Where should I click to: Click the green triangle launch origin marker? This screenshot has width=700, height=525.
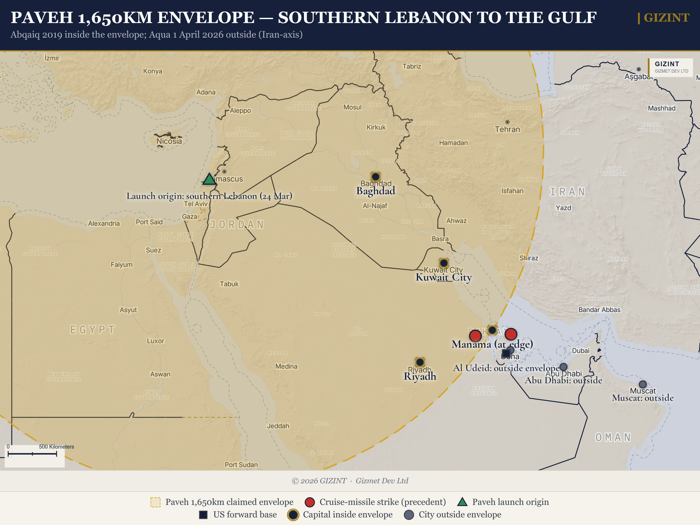(209, 180)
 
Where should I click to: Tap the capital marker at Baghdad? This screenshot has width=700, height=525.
(376, 176)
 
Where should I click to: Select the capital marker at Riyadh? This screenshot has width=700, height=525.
(420, 362)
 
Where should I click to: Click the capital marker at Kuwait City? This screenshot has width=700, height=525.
(444, 263)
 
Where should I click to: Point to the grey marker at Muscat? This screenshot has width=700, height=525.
(643, 384)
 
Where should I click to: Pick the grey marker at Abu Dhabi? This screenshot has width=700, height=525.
(563, 367)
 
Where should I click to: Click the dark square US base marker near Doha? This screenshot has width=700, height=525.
(506, 353)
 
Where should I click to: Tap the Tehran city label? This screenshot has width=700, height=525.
(507, 129)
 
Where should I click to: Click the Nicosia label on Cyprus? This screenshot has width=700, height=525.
(169, 141)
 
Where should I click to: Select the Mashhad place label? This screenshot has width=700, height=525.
(661, 108)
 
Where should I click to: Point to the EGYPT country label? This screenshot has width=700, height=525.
(93, 330)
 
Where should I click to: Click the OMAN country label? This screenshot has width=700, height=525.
(613, 437)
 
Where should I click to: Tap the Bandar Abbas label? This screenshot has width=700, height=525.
(599, 310)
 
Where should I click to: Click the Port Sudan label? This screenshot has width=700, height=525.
(241, 465)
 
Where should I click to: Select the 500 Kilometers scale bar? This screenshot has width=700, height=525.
(32, 454)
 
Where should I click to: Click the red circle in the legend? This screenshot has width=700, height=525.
(310, 502)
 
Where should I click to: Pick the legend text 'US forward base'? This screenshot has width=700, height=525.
(245, 515)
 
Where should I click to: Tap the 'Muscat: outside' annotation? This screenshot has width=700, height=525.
(643, 398)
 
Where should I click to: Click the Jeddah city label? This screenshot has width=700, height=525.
(278, 426)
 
